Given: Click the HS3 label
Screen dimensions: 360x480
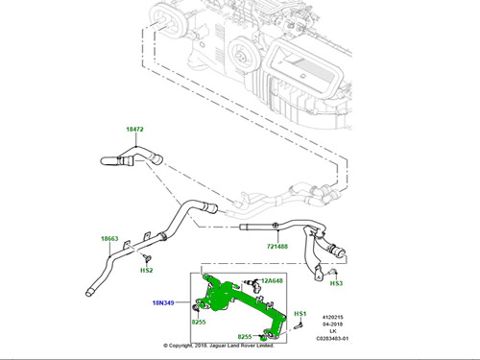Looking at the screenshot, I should point(337,284).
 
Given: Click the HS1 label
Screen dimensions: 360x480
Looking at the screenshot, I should point(300,315).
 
